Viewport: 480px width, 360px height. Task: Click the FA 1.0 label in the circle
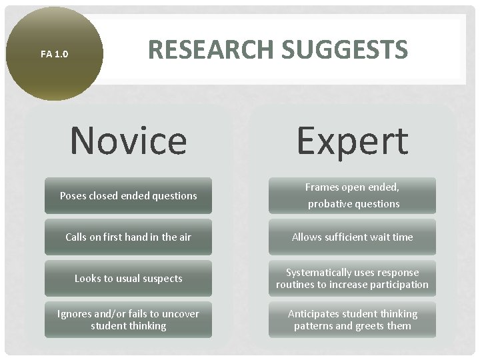[x=54, y=54]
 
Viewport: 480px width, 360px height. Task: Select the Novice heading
[x=128, y=141]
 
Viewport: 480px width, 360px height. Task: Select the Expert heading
[x=352, y=141]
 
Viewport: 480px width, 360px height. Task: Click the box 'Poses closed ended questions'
[x=128, y=195]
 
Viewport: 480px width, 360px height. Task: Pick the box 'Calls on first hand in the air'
[x=128, y=237]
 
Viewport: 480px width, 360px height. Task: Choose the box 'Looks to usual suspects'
[x=128, y=278]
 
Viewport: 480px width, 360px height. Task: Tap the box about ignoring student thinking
[x=128, y=319]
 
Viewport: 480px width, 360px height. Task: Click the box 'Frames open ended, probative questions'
[x=352, y=195]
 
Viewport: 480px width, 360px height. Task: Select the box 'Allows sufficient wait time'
[x=352, y=237]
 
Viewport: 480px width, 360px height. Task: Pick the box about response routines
[x=352, y=278]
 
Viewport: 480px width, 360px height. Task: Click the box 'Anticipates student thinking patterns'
[x=352, y=319]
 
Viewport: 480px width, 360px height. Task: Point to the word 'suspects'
[x=161, y=279]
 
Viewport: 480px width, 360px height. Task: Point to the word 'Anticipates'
[x=315, y=314]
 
